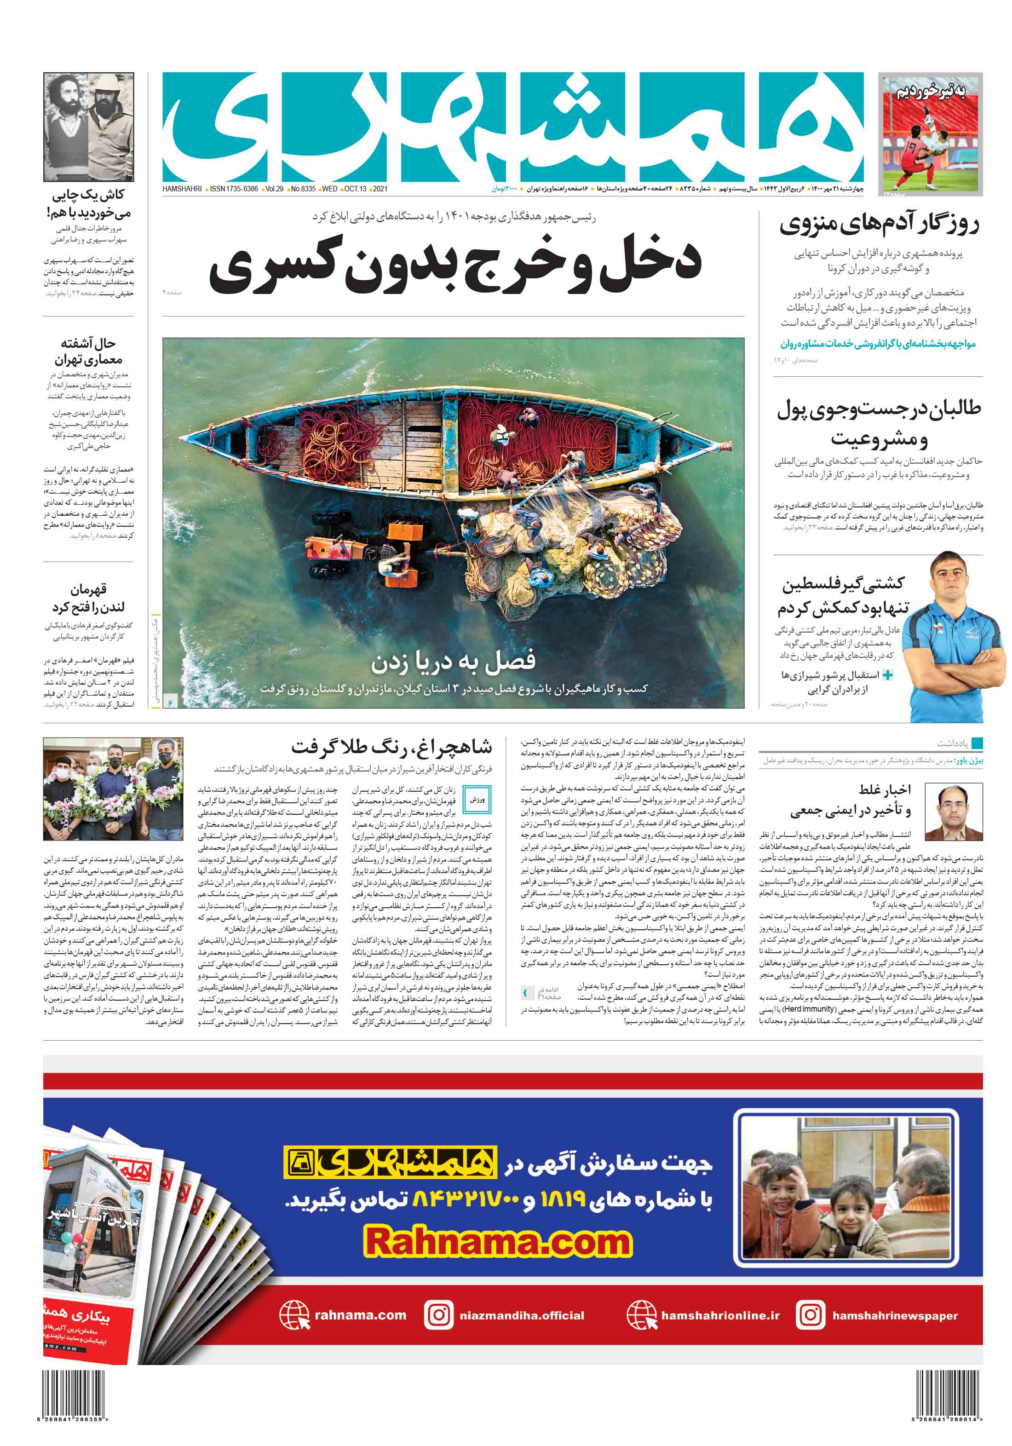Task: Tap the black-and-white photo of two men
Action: pos(89,127)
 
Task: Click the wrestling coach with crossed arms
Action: pos(949,636)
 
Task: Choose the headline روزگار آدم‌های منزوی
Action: pos(879,224)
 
